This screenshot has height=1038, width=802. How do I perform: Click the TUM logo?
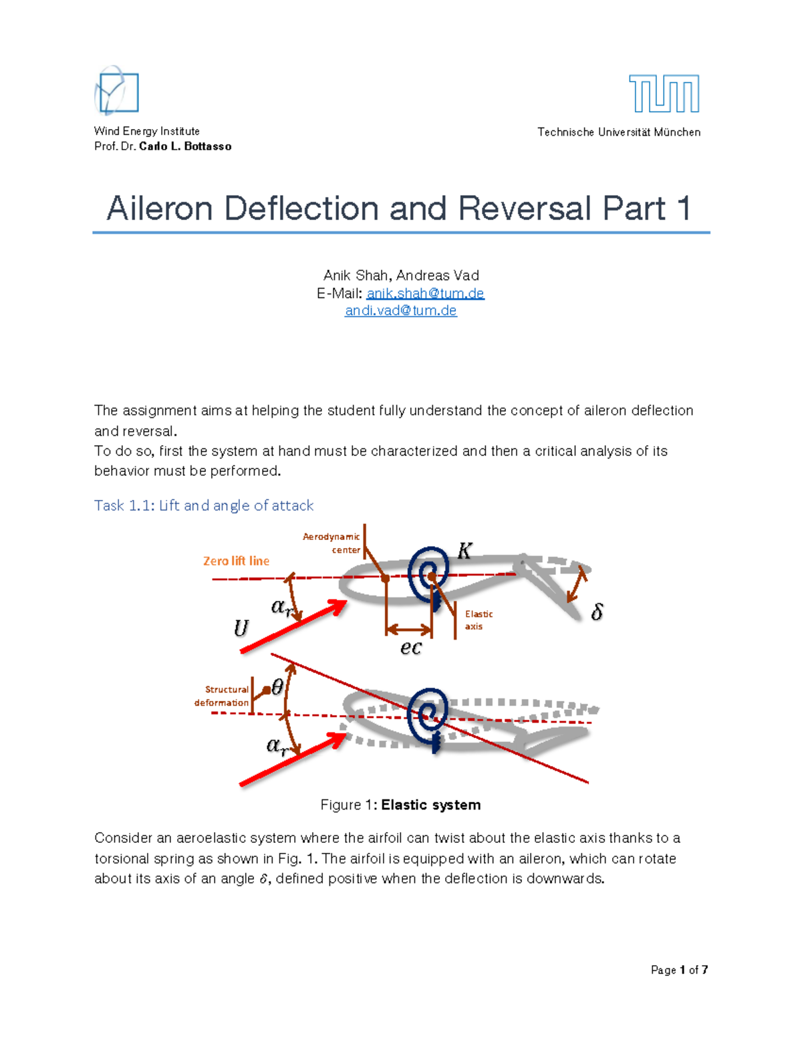664,94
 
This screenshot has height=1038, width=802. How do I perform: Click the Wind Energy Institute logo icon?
117,91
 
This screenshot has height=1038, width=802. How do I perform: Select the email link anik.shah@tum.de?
425,293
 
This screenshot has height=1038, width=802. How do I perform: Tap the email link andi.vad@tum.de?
400,311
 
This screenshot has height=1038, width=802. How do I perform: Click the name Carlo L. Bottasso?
185,146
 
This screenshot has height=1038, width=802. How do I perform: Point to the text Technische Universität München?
619,132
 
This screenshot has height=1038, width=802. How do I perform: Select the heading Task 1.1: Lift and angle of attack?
204,505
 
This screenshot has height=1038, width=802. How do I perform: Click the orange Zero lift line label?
236,561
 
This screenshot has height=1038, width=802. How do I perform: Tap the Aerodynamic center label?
332,543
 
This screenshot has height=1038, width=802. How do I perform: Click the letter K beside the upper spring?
464,551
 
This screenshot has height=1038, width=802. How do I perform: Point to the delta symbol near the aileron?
597,612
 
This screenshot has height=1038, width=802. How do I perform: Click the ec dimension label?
411,647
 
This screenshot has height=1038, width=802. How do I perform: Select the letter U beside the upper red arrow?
241,628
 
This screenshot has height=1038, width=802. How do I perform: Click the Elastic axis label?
479,620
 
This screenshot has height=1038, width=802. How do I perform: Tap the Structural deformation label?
222,696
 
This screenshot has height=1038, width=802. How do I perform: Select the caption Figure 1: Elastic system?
400,805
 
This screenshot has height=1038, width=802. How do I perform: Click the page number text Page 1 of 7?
679,970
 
